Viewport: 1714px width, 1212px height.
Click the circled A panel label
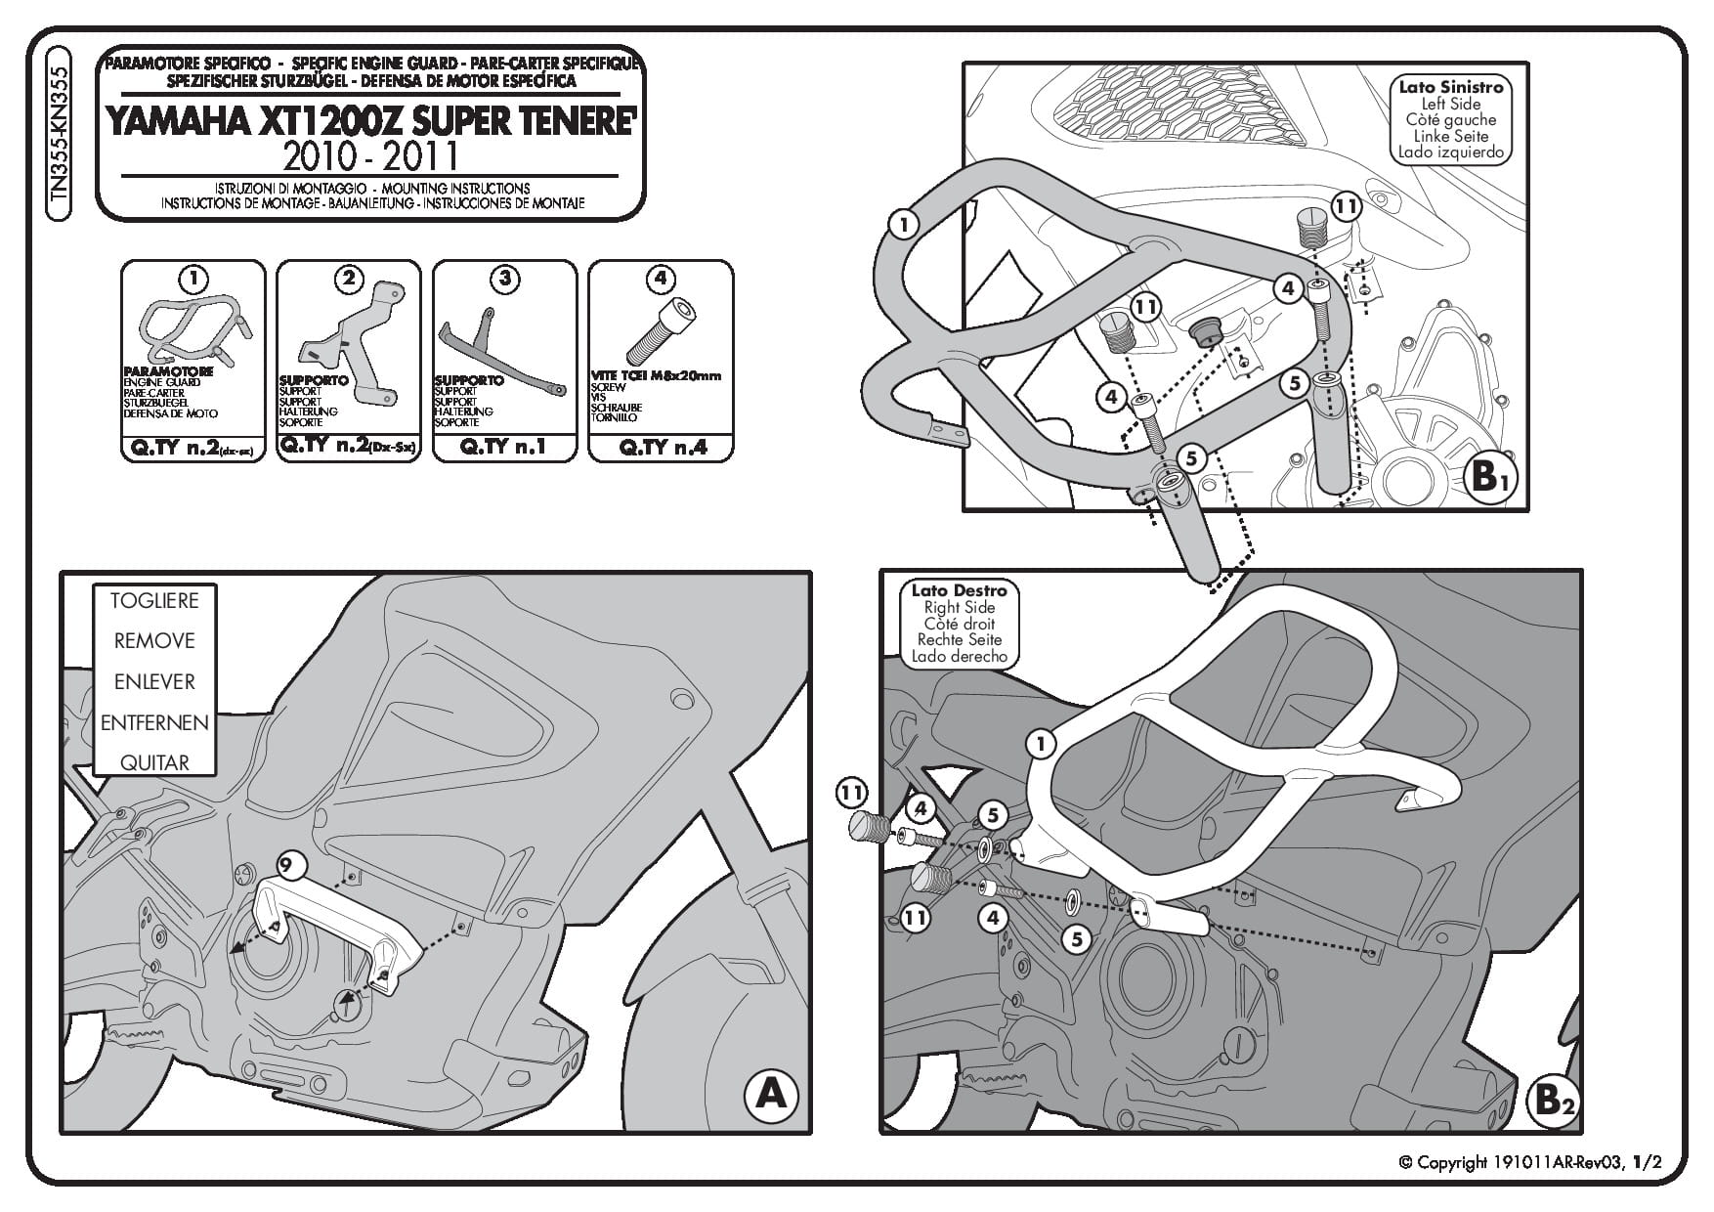(x=771, y=1094)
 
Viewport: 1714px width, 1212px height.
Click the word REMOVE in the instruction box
(x=154, y=641)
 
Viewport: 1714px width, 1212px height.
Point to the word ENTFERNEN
(x=154, y=723)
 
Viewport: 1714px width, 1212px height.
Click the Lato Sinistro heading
(x=1451, y=87)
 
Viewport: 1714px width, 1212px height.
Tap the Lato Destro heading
(x=958, y=590)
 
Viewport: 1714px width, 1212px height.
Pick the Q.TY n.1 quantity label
(x=503, y=447)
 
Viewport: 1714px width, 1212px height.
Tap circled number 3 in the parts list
(x=504, y=279)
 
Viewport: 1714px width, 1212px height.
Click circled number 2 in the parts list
(x=349, y=279)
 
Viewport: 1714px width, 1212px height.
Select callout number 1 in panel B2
(x=1042, y=745)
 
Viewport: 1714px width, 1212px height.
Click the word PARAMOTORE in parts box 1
(x=168, y=372)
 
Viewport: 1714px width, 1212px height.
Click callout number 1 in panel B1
(x=904, y=225)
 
